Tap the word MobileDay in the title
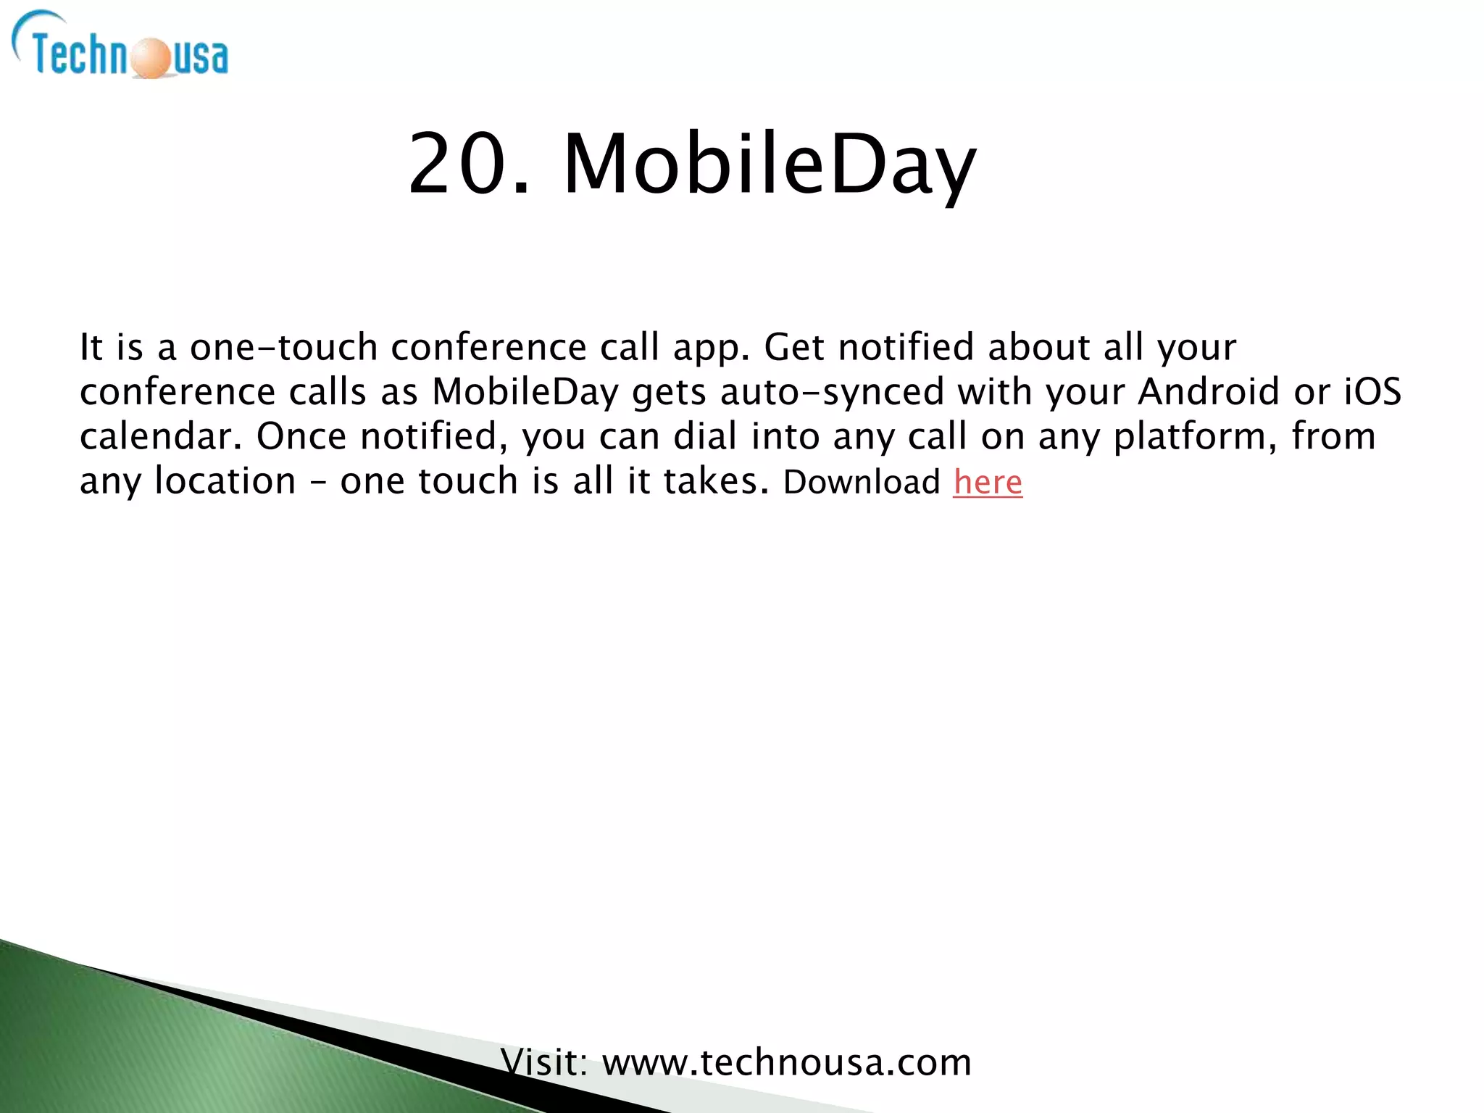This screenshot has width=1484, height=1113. pos(770,166)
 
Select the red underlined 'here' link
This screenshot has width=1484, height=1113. pos(988,482)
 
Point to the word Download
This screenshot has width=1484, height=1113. pos(862,482)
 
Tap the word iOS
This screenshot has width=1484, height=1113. pos(1373,392)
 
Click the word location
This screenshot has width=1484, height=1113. pos(225,481)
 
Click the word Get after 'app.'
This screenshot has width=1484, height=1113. pos(794,347)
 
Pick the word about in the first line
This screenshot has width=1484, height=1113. pos(1038,347)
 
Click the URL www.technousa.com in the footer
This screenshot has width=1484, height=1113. pos(787,1063)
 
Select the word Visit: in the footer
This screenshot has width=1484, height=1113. pos(544,1063)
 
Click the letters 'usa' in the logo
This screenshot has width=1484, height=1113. pos(200,58)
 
